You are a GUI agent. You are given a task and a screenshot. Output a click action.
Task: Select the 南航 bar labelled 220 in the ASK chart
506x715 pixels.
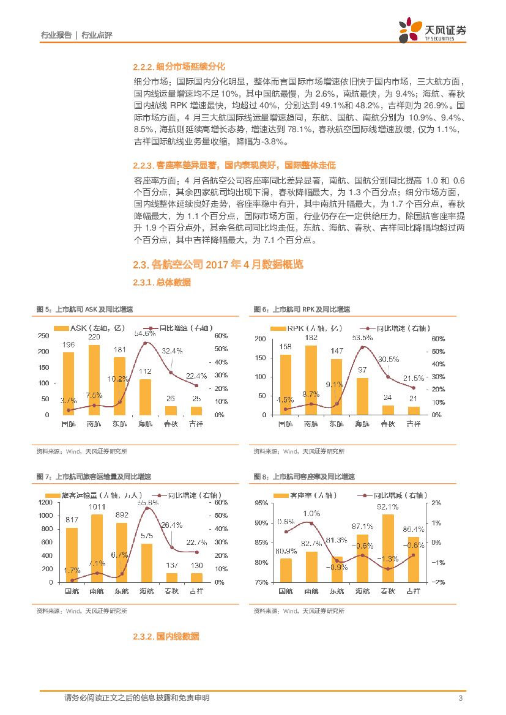point(94,380)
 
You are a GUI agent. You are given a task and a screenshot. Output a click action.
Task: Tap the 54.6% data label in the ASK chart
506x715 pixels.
point(145,333)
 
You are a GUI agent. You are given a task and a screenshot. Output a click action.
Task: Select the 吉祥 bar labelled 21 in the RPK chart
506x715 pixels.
point(414,410)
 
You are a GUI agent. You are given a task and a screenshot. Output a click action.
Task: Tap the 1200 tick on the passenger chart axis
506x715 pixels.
point(46,502)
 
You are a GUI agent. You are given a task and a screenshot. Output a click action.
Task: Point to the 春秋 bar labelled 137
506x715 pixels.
point(172,577)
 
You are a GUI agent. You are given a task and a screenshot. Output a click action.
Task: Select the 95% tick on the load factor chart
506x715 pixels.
point(261,503)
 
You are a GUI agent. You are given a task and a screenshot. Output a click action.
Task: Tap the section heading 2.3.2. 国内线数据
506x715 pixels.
point(166,637)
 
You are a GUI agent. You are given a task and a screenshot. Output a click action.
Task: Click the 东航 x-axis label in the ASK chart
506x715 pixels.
point(119,423)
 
